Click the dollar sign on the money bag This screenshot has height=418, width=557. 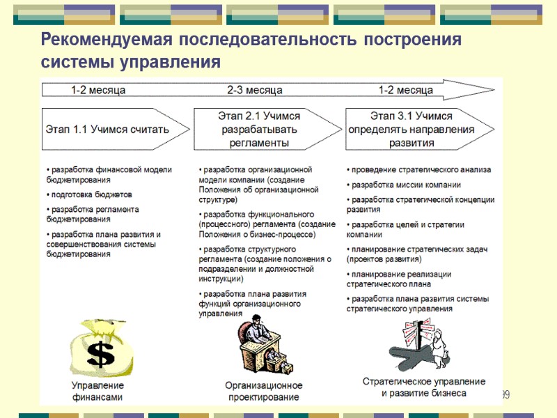tap(101, 354)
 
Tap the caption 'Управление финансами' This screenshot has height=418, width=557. tap(97, 391)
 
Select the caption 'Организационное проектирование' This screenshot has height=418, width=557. tap(263, 391)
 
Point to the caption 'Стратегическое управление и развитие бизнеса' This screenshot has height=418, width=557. tap(424, 387)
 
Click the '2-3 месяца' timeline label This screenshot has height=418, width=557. tap(255, 91)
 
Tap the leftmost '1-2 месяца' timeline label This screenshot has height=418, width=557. tap(98, 91)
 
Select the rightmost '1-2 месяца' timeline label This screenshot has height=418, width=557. tap(406, 91)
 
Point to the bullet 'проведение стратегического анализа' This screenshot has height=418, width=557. tap(420, 169)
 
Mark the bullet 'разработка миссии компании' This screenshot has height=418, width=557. tap(406, 185)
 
